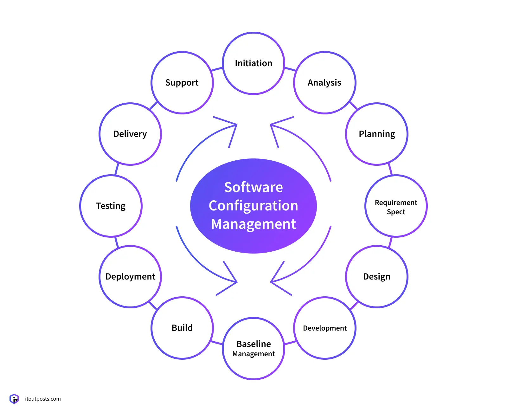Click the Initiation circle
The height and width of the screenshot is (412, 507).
pyautogui.click(x=253, y=63)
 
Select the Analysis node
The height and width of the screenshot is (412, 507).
pyautogui.click(x=324, y=83)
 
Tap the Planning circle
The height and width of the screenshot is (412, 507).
pyautogui.click(x=377, y=134)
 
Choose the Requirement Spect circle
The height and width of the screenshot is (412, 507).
pyautogui.click(x=396, y=206)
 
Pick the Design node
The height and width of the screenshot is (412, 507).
pyautogui.click(x=377, y=277)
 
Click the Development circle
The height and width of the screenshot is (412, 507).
pyautogui.click(x=325, y=328)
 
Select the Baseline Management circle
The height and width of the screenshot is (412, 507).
pyautogui.click(x=253, y=348)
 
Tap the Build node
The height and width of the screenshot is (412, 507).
pyautogui.click(x=182, y=328)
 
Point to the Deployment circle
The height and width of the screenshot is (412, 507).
pyautogui.click(x=130, y=277)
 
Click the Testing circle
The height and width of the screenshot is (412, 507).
pyautogui.click(x=111, y=206)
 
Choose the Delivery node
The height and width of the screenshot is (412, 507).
pyautogui.click(x=130, y=134)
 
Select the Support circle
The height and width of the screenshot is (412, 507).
pyautogui.click(x=182, y=83)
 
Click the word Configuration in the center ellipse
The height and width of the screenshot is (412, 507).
pyautogui.click(x=253, y=206)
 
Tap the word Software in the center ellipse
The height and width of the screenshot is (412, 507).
pyautogui.click(x=253, y=187)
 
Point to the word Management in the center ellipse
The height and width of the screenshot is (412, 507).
pyautogui.click(x=253, y=224)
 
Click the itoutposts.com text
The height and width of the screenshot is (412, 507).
pyautogui.click(x=43, y=399)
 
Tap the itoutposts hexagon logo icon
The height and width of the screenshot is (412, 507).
pyautogui.click(x=14, y=399)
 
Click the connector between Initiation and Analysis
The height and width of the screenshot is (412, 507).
pyautogui.click(x=290, y=69)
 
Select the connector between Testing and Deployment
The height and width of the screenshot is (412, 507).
pyautogui.click(x=117, y=242)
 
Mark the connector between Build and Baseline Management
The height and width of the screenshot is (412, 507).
pyautogui.click(x=217, y=343)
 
